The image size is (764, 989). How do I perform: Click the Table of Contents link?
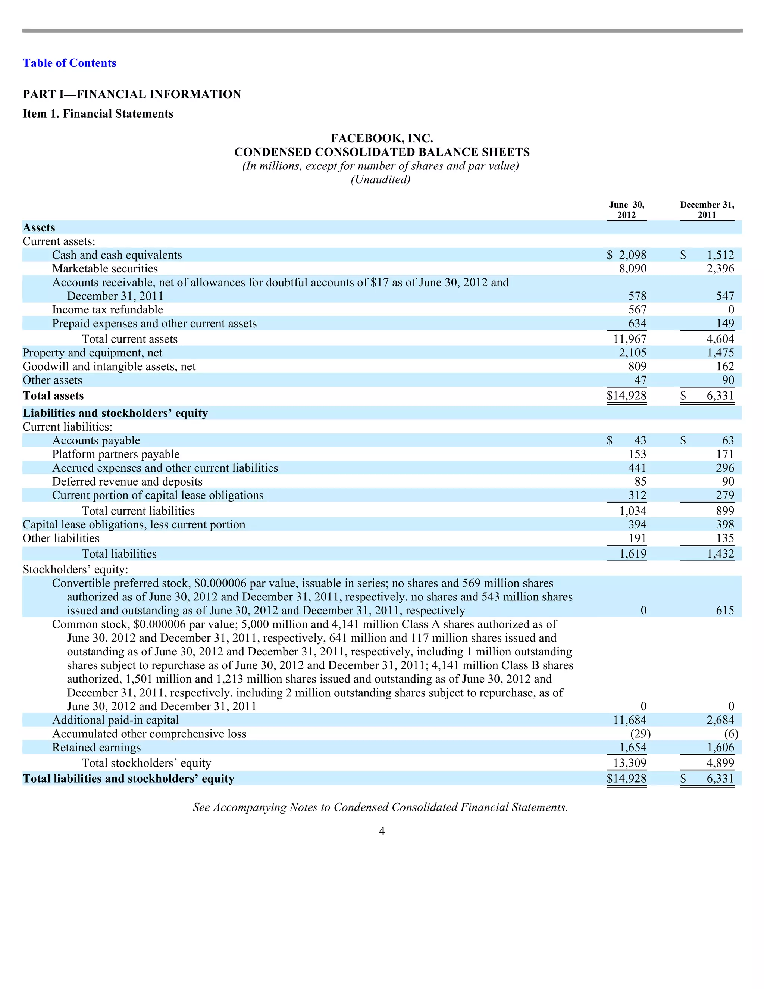point(69,63)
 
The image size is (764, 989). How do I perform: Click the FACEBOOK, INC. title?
point(382,138)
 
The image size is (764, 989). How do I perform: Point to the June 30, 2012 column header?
point(626,210)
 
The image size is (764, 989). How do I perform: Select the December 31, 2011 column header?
point(707,210)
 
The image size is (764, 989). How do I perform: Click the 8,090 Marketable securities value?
point(633,269)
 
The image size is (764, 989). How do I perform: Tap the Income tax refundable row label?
point(108,310)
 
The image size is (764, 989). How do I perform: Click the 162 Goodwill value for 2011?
point(725,366)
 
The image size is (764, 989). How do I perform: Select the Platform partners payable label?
point(116,454)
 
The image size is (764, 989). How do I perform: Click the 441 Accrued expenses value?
point(637,468)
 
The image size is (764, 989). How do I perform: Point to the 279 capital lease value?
point(725,495)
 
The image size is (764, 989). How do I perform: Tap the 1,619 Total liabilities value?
point(633,553)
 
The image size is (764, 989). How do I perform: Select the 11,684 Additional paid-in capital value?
point(630,720)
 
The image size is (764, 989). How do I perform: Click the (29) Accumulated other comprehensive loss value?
point(640,734)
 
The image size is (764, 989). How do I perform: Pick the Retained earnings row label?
point(96,747)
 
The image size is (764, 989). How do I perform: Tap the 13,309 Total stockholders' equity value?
point(630,763)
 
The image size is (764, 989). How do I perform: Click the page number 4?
point(382,831)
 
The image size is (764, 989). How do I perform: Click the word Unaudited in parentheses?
point(381,180)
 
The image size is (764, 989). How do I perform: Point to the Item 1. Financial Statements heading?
point(98,114)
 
